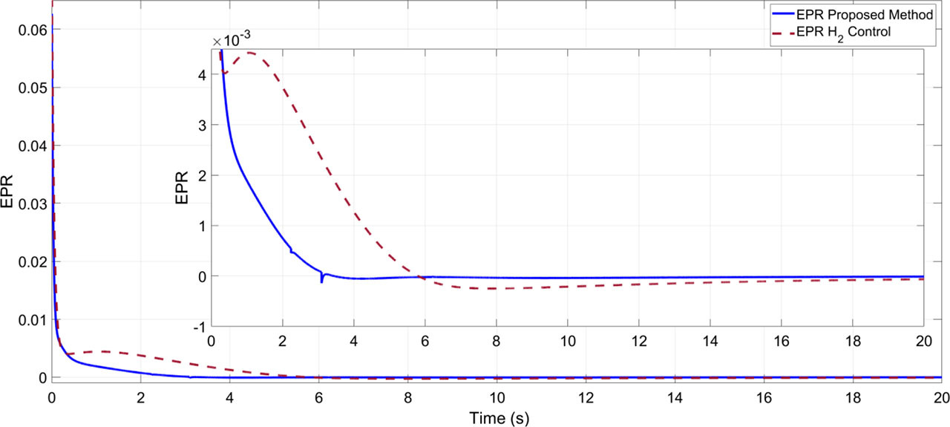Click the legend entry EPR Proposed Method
(877, 14)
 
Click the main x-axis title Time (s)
(498, 418)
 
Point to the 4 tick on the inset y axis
(200, 75)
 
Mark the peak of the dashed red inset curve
(249, 53)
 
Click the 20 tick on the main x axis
(939, 396)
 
